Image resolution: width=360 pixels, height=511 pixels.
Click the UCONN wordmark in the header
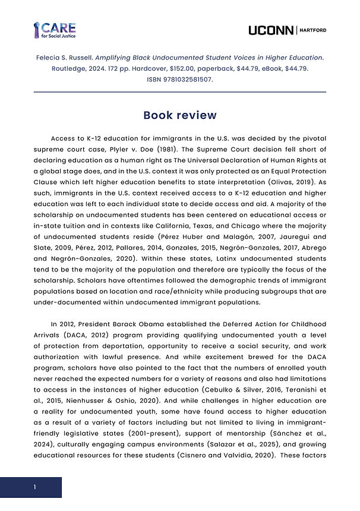click(x=271, y=30)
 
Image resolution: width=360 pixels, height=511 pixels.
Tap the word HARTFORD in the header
click(x=313, y=30)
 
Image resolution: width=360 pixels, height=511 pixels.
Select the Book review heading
click(x=180, y=115)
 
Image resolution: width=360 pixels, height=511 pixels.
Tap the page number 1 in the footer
click(x=35, y=487)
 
